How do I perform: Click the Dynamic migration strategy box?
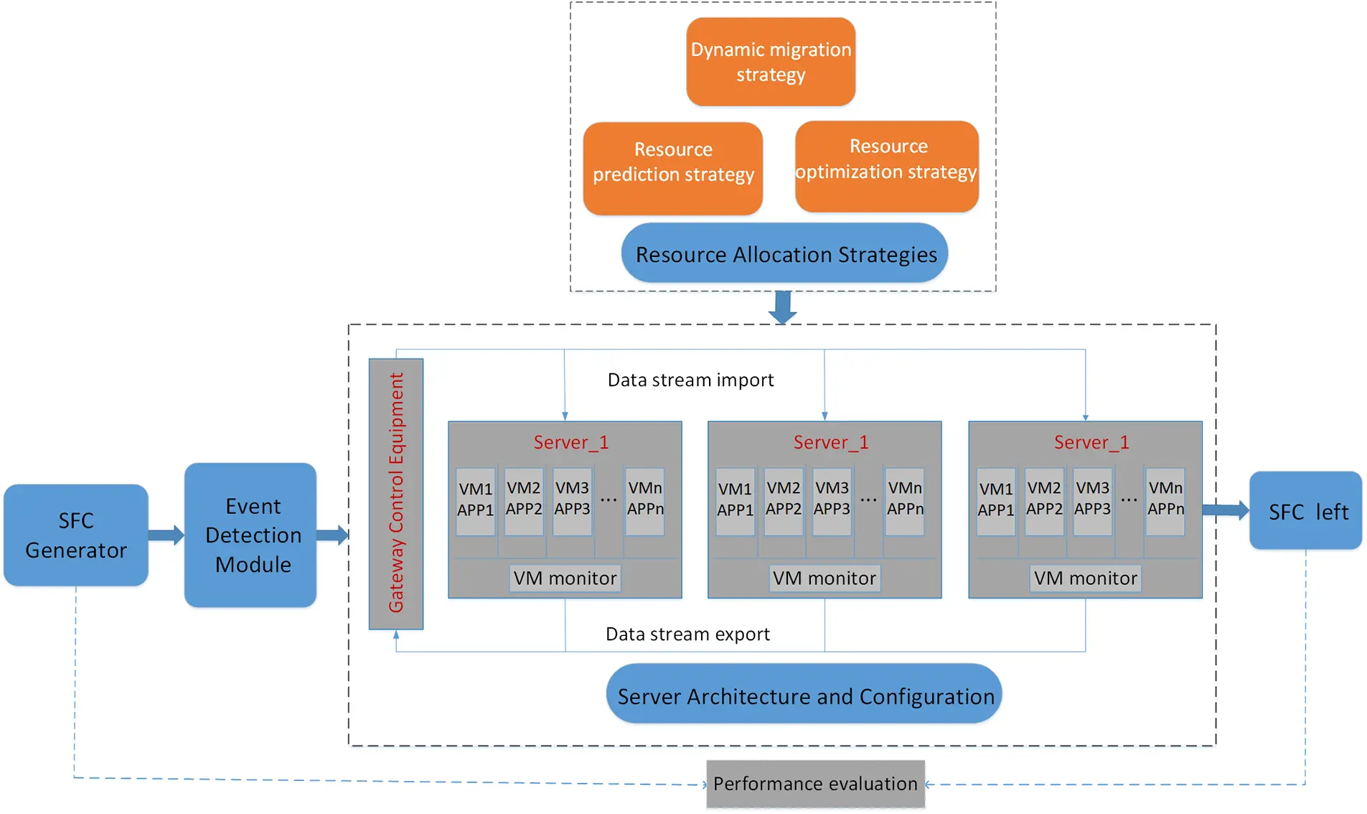pyautogui.click(x=770, y=62)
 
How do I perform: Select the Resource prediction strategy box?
pyautogui.click(x=672, y=168)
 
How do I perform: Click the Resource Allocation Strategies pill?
pyautogui.click(x=784, y=253)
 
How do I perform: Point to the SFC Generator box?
pyautogui.click(x=76, y=535)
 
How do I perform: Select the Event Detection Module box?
pyautogui.click(x=250, y=535)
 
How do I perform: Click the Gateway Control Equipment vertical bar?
pyautogui.click(x=395, y=494)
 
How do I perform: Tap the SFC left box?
pyautogui.click(x=1305, y=511)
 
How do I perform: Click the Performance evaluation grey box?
pyautogui.click(x=815, y=783)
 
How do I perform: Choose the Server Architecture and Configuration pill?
pyautogui.click(x=804, y=695)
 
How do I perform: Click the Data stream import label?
pyautogui.click(x=690, y=380)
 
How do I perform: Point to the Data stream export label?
pyautogui.click(x=687, y=634)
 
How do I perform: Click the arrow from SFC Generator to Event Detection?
pyautogui.click(x=166, y=535)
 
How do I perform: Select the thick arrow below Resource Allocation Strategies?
pyautogui.click(x=783, y=307)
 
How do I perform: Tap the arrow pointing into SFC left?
pyautogui.click(x=1226, y=510)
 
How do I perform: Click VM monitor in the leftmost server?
pyautogui.click(x=565, y=578)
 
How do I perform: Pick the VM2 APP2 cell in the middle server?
pyautogui.click(x=783, y=499)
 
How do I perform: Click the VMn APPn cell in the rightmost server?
pyautogui.click(x=1165, y=499)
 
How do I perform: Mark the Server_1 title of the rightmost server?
pyautogui.click(x=1091, y=442)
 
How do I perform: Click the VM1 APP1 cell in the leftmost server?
pyautogui.click(x=475, y=500)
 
